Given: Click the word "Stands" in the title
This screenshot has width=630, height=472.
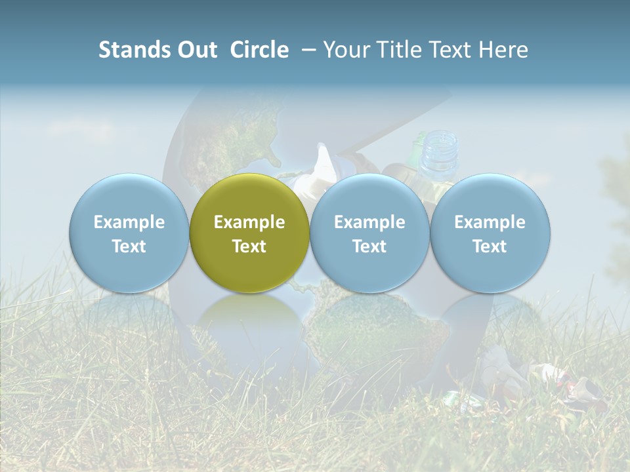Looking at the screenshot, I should coord(132,50).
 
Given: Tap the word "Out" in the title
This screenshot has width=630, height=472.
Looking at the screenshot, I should coord(195,50).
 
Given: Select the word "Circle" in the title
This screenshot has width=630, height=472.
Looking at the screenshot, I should coord(259,50).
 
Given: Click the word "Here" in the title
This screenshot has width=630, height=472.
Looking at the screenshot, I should coord(503,50).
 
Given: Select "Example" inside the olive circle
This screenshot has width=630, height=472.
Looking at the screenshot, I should coord(249,222).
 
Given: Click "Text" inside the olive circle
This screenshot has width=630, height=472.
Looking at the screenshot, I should coord(249,246).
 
